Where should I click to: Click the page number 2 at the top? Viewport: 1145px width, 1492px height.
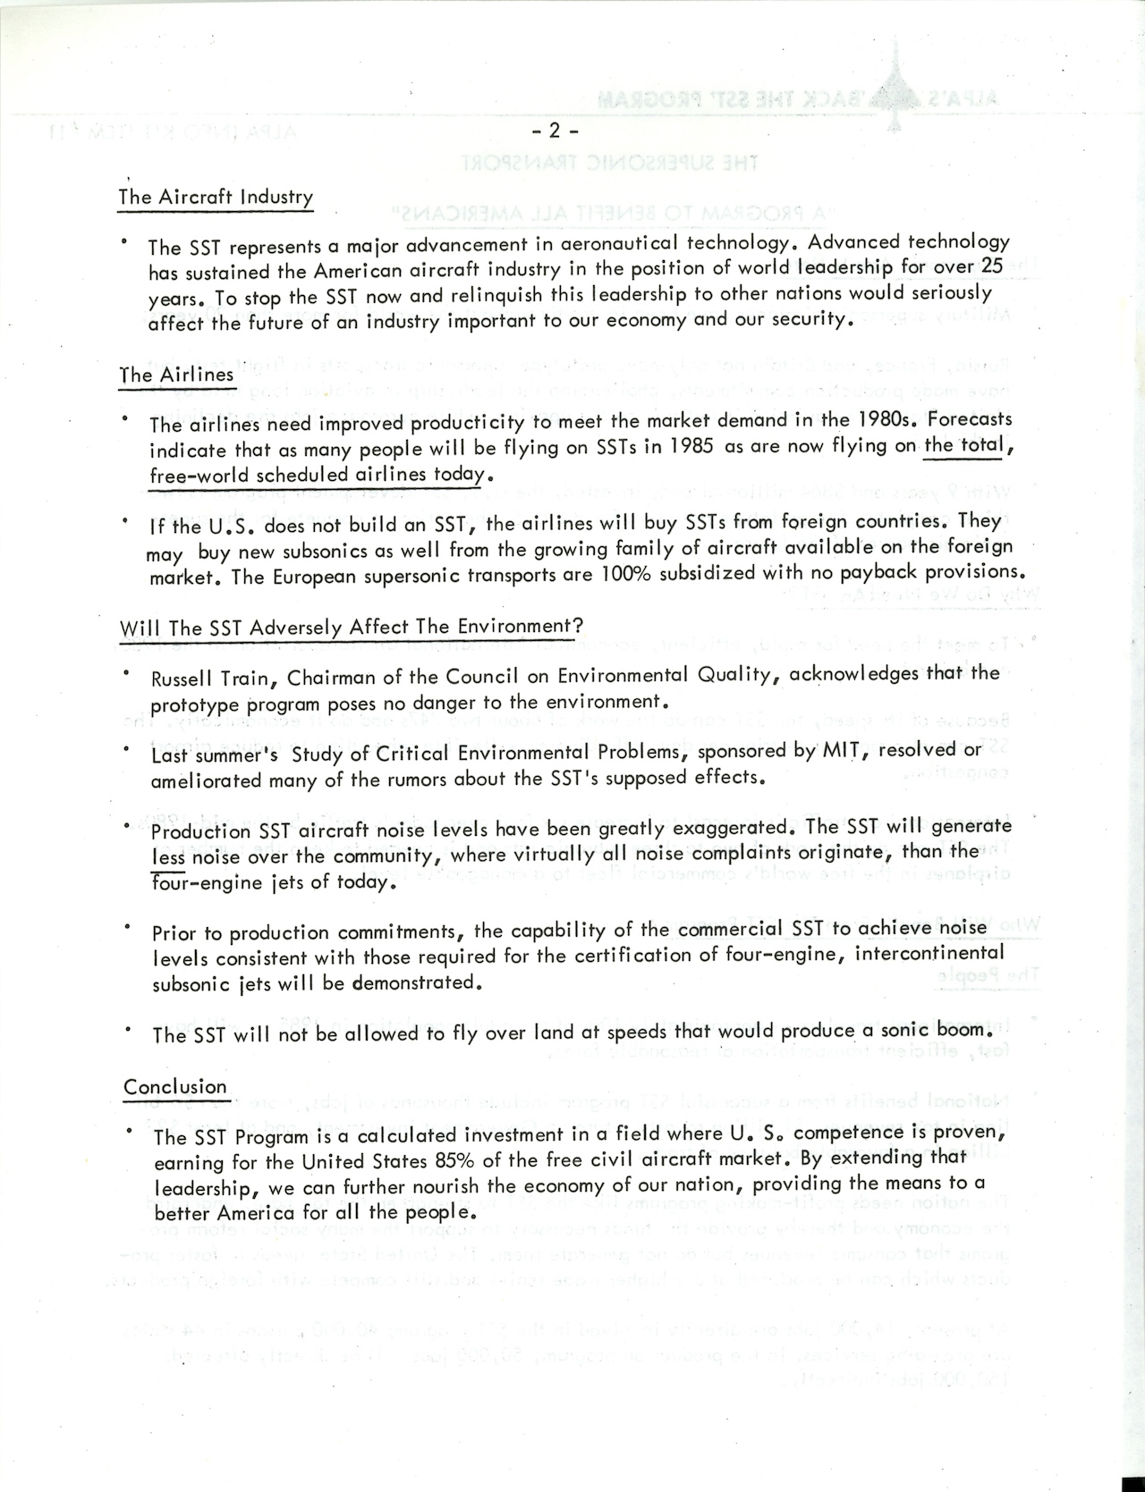[554, 131]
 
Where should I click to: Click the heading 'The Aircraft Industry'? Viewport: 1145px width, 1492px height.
[215, 198]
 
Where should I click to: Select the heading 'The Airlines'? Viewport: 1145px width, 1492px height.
[176, 375]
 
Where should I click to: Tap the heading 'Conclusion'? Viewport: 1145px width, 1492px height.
[175, 1087]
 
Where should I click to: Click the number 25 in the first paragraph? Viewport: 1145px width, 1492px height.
[993, 266]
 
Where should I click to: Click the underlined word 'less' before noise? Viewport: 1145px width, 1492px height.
[168, 856]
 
